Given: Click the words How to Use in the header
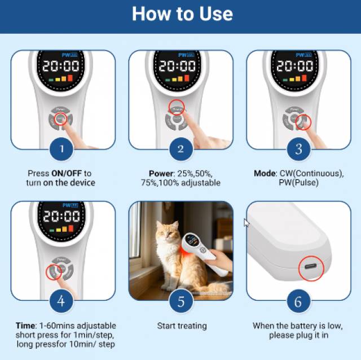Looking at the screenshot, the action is [x=182, y=14].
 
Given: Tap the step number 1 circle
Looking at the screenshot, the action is [x=61, y=149].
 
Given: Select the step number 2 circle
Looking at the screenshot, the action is [x=180, y=149].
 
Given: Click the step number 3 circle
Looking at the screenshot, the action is [x=298, y=149].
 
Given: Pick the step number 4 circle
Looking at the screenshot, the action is [x=61, y=301].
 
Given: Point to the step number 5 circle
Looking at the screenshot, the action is [x=180, y=301].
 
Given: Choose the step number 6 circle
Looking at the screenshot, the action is [x=298, y=301].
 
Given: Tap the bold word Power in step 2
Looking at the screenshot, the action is [x=161, y=173].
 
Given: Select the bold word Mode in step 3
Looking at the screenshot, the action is [x=265, y=173].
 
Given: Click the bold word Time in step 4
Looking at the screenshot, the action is [x=25, y=326].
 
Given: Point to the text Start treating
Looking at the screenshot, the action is [x=182, y=326].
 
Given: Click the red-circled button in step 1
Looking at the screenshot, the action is [x=60, y=119].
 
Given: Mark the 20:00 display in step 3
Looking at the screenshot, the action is [x=295, y=66].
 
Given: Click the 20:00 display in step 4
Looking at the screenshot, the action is [x=61, y=217].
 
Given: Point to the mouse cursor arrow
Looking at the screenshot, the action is [x=246, y=223].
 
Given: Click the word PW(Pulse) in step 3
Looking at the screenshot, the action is [x=298, y=183].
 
